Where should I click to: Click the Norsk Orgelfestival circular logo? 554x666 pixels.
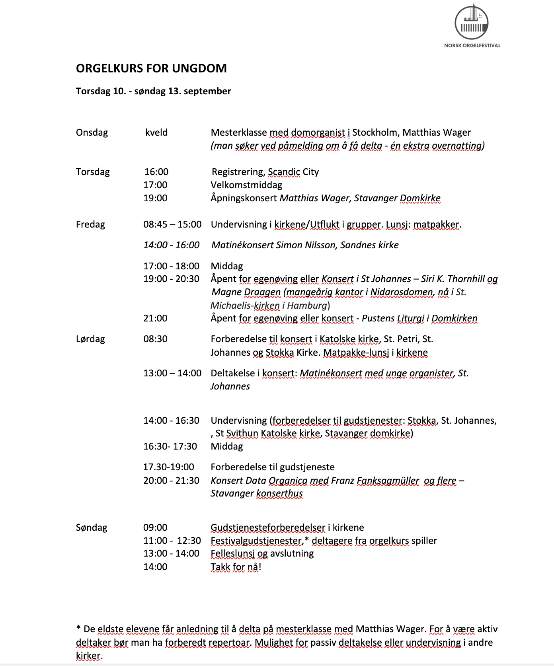point(472,22)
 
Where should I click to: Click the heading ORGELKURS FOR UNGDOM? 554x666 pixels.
point(151,68)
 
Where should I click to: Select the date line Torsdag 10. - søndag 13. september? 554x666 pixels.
point(153,91)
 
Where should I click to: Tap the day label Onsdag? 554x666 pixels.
point(92,132)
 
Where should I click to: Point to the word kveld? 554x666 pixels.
point(156,132)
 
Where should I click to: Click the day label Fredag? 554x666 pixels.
point(90,224)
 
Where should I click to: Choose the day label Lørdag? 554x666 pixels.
point(90,339)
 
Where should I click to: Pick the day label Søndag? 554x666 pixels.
point(92,528)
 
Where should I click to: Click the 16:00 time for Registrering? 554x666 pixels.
point(156,172)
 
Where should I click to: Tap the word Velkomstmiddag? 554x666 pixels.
point(246,185)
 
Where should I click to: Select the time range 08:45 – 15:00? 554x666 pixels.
point(172,224)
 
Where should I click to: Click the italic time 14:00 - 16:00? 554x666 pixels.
point(172,245)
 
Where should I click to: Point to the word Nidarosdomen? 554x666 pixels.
point(401,292)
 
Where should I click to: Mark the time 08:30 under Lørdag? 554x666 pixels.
point(155,339)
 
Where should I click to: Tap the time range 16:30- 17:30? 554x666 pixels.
point(170,446)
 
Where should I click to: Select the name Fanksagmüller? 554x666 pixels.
point(388,481)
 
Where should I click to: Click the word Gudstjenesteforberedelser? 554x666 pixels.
point(268,528)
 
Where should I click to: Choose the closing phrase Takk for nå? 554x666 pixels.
point(236,567)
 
